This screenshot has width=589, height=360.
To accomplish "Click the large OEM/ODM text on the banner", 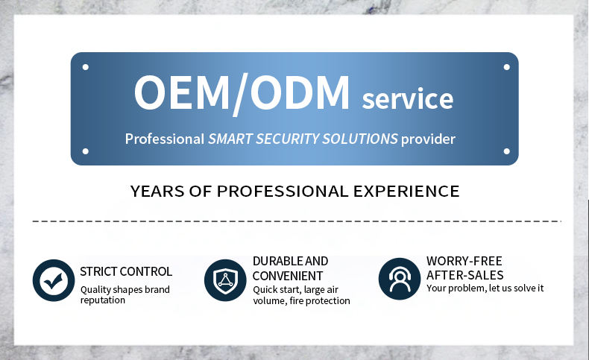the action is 242,93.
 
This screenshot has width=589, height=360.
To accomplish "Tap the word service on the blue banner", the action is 408,98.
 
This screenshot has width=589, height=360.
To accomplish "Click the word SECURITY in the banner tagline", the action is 287,139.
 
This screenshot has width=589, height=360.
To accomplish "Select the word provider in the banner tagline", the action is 428,139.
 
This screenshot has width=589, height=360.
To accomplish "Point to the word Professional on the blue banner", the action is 165,139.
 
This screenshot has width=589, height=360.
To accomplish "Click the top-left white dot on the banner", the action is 86,67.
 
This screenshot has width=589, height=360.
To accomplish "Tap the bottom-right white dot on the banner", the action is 507,151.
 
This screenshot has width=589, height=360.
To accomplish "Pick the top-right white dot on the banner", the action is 507,67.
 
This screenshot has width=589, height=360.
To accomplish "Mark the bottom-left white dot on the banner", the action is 86,151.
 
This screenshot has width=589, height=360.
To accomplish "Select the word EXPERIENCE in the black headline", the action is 406,192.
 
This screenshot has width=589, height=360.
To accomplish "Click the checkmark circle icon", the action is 54,280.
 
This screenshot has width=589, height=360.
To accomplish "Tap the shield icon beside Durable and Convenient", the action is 225,280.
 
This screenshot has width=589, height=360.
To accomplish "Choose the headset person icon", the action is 400,279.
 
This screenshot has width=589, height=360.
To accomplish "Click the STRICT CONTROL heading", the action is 126,271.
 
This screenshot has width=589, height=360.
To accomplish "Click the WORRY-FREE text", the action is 464,261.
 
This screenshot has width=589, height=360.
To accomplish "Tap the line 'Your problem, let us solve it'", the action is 485,288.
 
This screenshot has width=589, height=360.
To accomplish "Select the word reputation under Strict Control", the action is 103,300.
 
